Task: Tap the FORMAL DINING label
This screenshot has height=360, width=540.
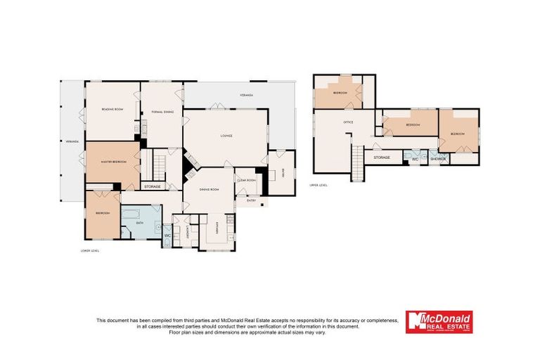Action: tap(162, 112)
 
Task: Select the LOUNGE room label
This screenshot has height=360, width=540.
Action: tap(226, 135)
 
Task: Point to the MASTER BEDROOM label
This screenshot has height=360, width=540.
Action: tap(113, 162)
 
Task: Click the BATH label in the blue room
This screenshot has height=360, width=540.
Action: tap(140, 223)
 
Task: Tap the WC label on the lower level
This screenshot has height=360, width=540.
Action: tap(167, 236)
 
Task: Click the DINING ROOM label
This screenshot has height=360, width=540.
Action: tap(208, 189)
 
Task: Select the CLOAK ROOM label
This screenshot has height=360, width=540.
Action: tap(246, 180)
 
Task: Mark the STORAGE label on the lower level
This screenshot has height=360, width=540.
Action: tap(153, 186)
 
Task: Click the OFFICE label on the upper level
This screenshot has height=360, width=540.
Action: tap(347, 122)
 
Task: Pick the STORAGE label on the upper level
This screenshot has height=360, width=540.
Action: tap(382, 157)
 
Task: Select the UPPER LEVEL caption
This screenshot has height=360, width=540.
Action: tap(319, 186)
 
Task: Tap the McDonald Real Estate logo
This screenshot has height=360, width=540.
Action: tap(439, 322)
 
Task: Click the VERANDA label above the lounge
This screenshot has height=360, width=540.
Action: tap(245, 94)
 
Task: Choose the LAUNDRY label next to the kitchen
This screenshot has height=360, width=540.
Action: tap(188, 227)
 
